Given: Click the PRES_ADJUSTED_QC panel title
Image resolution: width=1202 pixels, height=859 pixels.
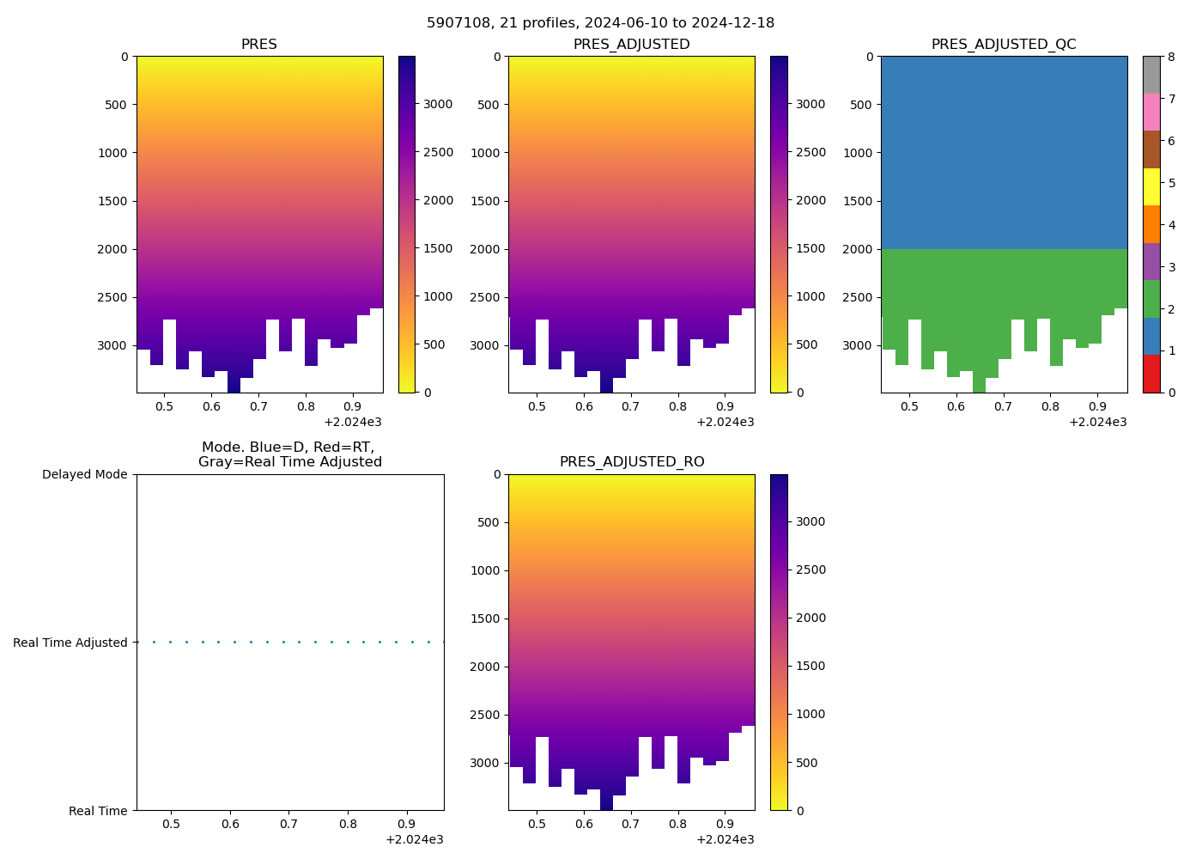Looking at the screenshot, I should (1004, 45).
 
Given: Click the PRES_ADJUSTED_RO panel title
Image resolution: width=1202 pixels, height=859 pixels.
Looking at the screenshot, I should (632, 462).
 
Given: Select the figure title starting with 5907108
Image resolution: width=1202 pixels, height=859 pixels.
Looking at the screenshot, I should (600, 23).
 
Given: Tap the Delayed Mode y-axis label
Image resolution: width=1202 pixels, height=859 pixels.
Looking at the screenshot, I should (84, 474).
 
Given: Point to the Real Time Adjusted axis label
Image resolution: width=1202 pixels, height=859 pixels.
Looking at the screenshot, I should (70, 643).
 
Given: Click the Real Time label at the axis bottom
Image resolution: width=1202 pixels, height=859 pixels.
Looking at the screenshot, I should (98, 811).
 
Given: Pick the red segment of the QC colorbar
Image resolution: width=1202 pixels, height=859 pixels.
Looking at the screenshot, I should (1151, 374).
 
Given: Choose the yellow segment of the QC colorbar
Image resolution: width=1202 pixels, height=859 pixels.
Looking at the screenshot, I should (1151, 186).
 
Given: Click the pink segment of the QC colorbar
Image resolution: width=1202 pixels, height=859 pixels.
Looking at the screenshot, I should (1151, 112).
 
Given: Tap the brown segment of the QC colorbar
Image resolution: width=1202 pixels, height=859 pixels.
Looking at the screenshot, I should (1151, 149).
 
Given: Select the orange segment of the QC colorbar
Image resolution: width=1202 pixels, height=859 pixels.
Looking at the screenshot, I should (1151, 224).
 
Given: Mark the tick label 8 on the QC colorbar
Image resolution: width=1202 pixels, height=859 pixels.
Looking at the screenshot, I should (1171, 57).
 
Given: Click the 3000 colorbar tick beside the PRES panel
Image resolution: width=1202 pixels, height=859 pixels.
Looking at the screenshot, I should (438, 104).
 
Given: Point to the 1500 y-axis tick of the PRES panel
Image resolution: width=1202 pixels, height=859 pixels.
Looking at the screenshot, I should (112, 201).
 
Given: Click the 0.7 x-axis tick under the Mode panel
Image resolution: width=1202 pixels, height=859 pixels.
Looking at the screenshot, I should (288, 825).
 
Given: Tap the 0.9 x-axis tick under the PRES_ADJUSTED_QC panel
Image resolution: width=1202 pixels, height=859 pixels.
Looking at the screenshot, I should (1097, 406).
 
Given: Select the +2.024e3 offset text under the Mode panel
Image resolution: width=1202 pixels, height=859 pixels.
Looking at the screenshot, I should (414, 839).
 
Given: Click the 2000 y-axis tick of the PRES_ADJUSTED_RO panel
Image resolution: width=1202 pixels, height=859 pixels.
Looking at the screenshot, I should (484, 667).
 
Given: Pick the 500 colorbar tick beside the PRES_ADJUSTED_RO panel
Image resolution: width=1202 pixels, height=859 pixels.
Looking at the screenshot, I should (810, 763).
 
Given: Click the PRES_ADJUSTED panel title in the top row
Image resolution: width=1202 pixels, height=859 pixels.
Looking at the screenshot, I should (631, 45).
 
